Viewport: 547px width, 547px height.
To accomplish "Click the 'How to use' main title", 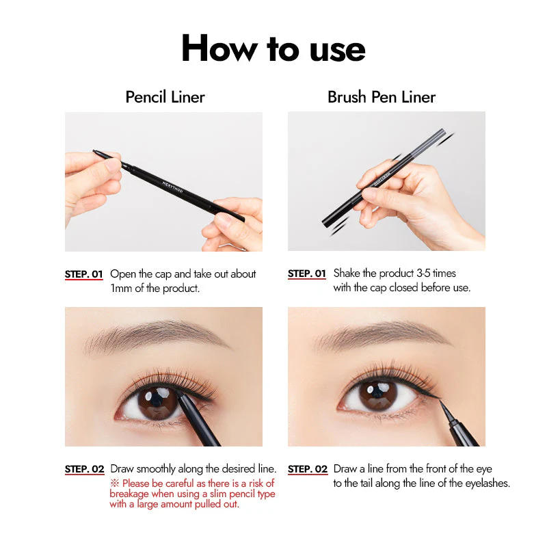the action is click(x=273, y=48).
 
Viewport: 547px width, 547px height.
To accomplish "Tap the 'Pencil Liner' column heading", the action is click(x=165, y=97).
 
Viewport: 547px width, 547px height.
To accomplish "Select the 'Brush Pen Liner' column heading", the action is click(x=382, y=97).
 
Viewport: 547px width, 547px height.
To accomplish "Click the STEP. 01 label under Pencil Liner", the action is click(x=83, y=274).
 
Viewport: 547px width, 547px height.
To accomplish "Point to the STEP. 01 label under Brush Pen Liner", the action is click(x=306, y=273).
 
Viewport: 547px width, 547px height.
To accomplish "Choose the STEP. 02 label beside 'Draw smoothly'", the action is click(x=84, y=469).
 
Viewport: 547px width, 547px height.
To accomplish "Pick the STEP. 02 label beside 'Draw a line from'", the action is click(x=308, y=469).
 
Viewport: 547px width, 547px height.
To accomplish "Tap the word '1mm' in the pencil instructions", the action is click(x=121, y=289).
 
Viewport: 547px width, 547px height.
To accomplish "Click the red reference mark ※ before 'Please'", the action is click(x=115, y=483).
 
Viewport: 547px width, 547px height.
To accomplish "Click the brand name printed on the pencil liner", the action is click(x=172, y=187).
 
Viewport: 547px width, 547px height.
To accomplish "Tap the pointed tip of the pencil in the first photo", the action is click(x=94, y=151).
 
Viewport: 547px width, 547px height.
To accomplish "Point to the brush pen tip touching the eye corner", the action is click(x=440, y=401).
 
